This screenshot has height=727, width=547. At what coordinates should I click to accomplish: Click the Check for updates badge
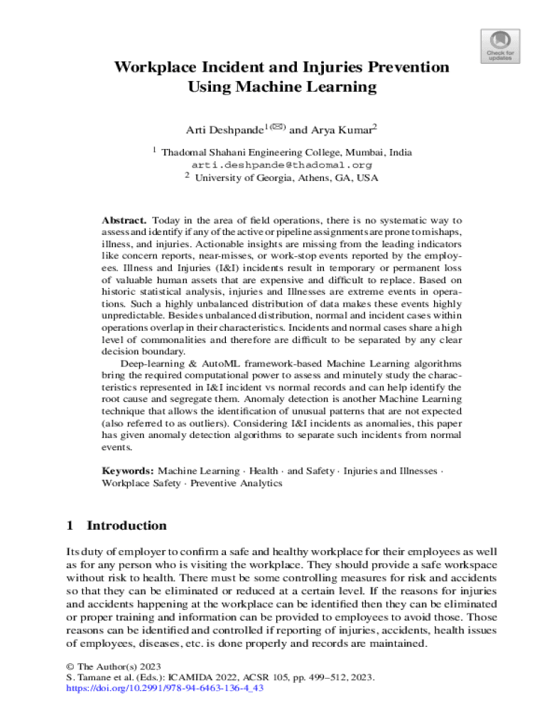click(x=501, y=45)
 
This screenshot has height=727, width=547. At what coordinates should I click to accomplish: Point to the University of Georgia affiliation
click(x=286, y=177)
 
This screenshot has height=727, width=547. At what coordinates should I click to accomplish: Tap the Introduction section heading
click(x=126, y=525)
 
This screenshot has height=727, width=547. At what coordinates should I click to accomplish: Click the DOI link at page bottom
click(x=164, y=688)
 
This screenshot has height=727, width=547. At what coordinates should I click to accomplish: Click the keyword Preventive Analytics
click(x=237, y=483)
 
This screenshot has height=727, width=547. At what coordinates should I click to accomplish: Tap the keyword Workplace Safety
click(x=141, y=483)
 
